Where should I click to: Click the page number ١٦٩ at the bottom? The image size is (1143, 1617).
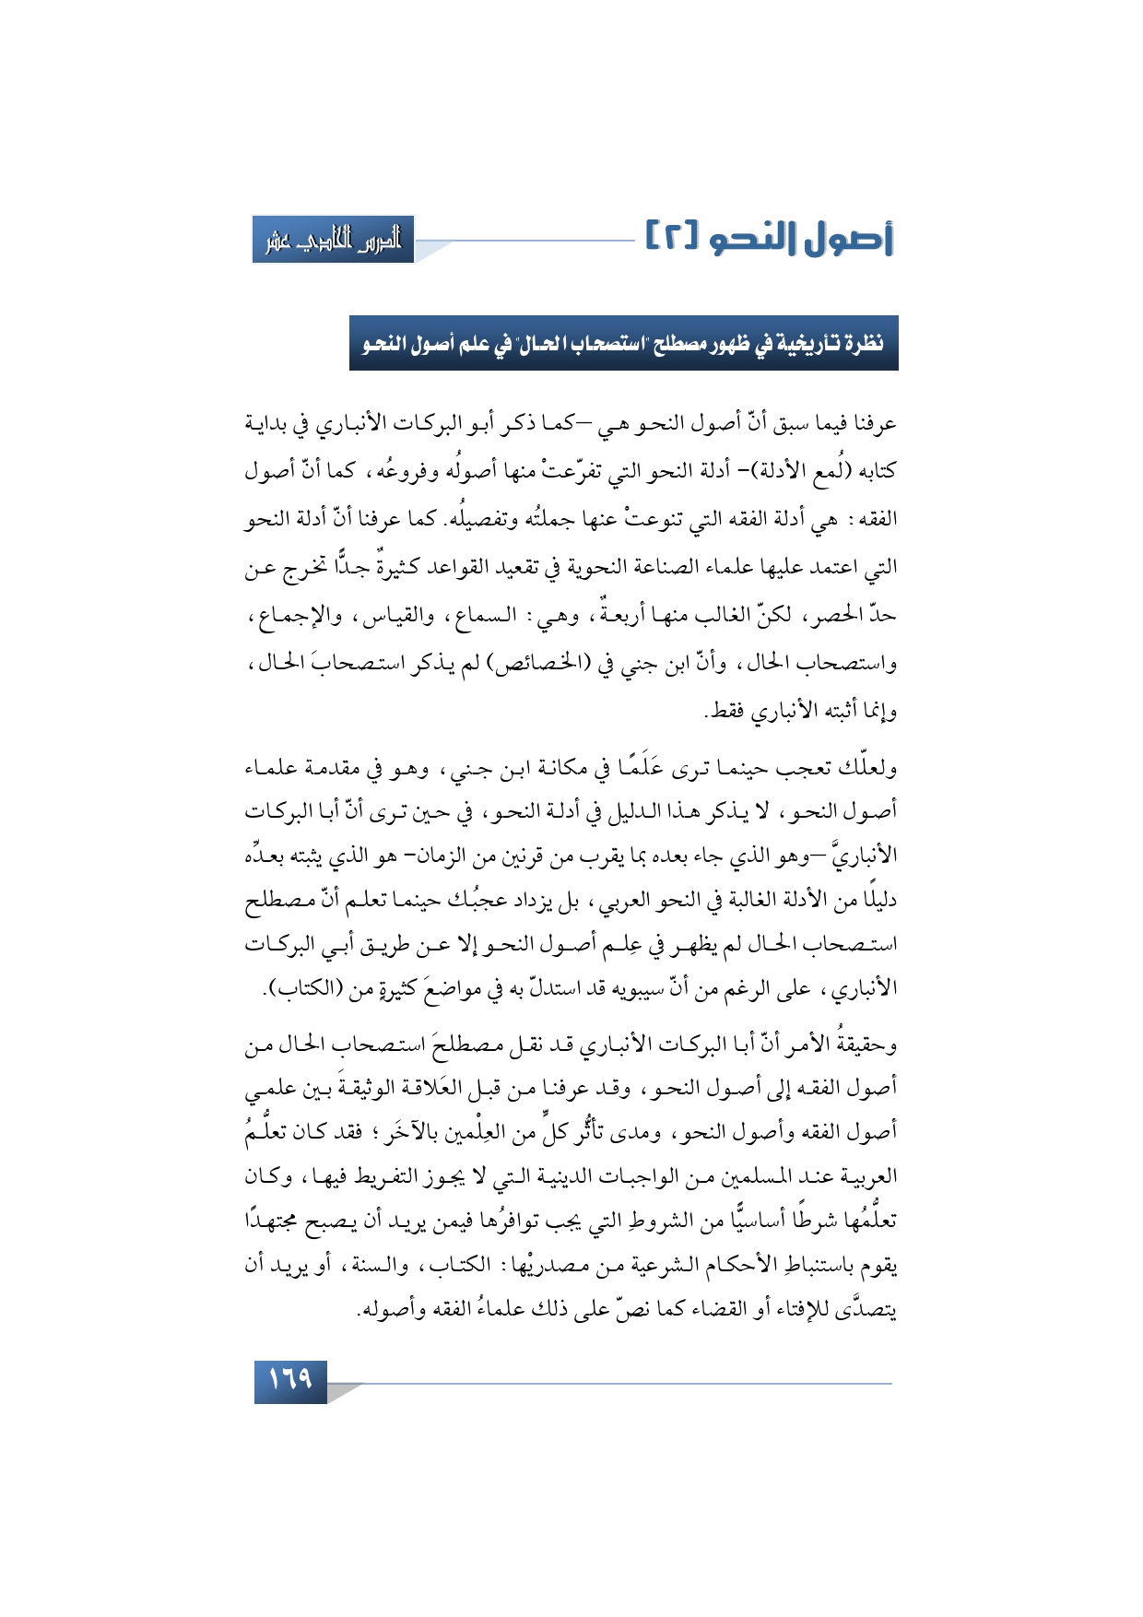pyautogui.click(x=290, y=1379)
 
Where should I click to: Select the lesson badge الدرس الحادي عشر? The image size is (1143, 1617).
pyautogui.click(x=333, y=240)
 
